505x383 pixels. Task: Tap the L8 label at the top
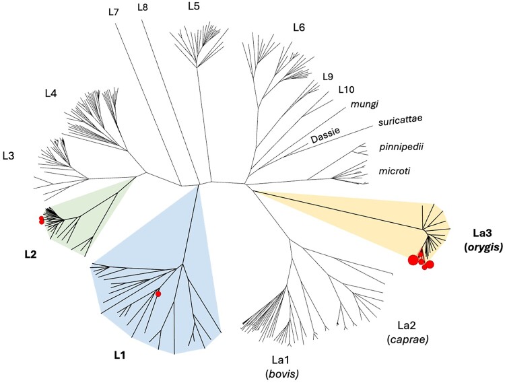[x=143, y=7]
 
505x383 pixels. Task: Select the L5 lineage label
[x=194, y=7]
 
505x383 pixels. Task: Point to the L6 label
[x=299, y=28]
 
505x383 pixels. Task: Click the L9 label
[x=329, y=75]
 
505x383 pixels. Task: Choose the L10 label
[x=347, y=89]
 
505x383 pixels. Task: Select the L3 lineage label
[x=9, y=155]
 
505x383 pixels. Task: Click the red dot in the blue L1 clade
[x=158, y=293]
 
